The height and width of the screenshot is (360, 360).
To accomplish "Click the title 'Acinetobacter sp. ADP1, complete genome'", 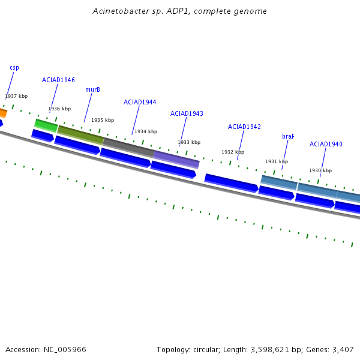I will click(x=180, y=11).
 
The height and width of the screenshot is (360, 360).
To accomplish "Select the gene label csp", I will click(x=14, y=68).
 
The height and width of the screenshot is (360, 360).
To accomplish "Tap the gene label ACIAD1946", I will click(x=58, y=80).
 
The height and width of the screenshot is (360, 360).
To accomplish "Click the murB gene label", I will click(x=92, y=89).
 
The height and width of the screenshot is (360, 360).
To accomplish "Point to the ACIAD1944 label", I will click(x=140, y=102).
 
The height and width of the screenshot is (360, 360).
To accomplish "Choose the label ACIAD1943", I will click(x=187, y=113).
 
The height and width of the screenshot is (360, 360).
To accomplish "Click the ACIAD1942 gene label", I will click(x=244, y=127).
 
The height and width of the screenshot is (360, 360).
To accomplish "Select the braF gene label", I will click(x=288, y=136).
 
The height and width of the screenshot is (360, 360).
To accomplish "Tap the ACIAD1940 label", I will click(x=326, y=144).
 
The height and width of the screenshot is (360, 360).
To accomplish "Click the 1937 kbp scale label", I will click(x=16, y=96).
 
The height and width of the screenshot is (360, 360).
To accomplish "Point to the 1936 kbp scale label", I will click(x=59, y=109).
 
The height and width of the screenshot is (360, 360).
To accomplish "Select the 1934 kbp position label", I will click(x=146, y=131).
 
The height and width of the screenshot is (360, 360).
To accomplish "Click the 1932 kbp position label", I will click(x=233, y=152).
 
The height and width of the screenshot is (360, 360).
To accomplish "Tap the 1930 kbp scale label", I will click(x=320, y=170).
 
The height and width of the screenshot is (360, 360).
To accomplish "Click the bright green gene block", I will click(x=46, y=125).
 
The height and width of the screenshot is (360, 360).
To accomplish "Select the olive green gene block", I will click(x=80, y=134).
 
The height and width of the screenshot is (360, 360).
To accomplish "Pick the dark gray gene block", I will click(x=128, y=147).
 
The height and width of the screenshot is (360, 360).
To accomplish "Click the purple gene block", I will click(x=176, y=159).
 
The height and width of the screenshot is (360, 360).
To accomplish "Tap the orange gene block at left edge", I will click(x=2, y=112).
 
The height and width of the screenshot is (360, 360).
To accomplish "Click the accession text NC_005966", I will click(x=46, y=349).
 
